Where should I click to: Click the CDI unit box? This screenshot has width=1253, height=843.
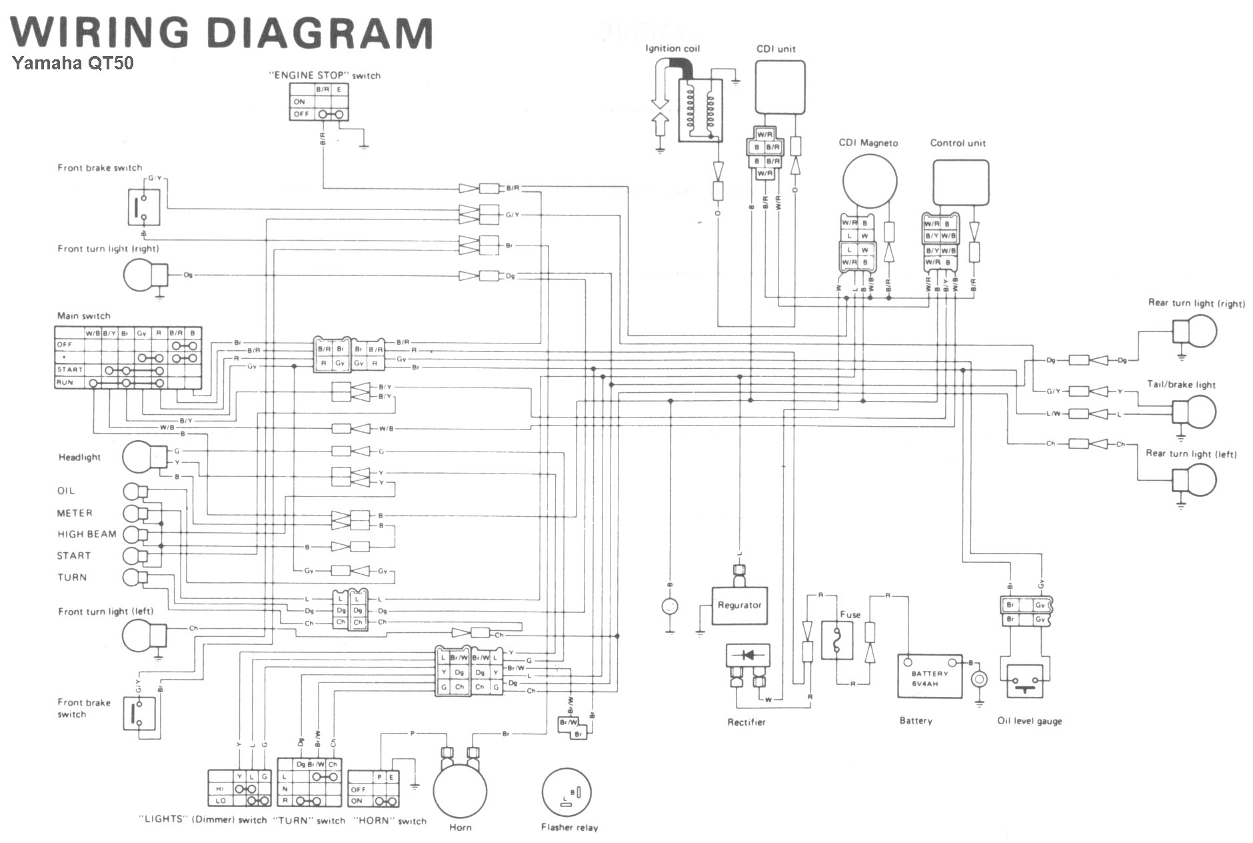click(779, 87)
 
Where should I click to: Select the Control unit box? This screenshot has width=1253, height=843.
click(960, 182)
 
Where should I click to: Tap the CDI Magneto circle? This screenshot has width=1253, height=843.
click(869, 181)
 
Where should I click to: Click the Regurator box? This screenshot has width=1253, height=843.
click(739, 606)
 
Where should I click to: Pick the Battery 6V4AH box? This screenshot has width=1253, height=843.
click(930, 676)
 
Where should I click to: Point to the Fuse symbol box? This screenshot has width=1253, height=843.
click(836, 640)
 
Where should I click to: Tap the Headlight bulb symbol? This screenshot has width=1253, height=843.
click(139, 458)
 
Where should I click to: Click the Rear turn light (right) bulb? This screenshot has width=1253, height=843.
click(1198, 331)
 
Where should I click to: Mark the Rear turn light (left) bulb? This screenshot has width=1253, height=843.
click(1198, 480)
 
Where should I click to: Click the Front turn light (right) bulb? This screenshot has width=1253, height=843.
click(142, 275)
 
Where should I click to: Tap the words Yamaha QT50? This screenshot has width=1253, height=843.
click(73, 64)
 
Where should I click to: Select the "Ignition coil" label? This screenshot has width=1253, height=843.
click(672, 49)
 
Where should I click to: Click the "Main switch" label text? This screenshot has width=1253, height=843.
click(84, 315)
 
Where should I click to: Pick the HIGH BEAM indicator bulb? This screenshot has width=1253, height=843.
click(132, 534)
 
